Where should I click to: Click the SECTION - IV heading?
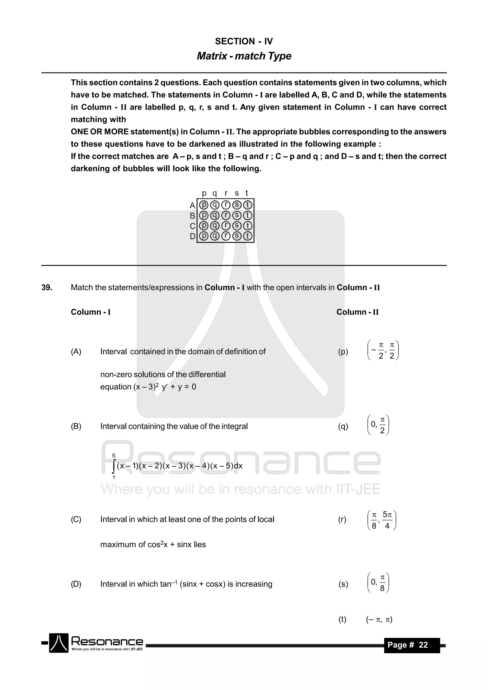pos(244,41)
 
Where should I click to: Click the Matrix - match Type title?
pos(244,56)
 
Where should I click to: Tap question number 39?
pos(47,288)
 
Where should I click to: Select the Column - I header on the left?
pos(91,312)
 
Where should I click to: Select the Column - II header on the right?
pos(357,312)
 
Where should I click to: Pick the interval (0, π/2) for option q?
pos(378,425)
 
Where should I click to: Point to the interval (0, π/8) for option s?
pos(378,583)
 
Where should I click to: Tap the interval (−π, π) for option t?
pos(379,620)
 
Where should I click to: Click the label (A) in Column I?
pos(76,352)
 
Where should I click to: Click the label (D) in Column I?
pos(76,584)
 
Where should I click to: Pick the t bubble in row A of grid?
pos(247,205)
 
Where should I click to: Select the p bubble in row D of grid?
pos(204,236)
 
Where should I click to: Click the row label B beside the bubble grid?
pos(193,216)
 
